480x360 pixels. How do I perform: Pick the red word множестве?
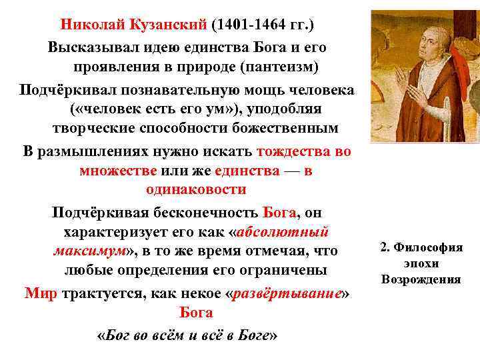tap(117, 170)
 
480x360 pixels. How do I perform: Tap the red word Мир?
tap(41, 293)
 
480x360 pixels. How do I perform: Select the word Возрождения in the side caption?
tap(421, 278)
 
